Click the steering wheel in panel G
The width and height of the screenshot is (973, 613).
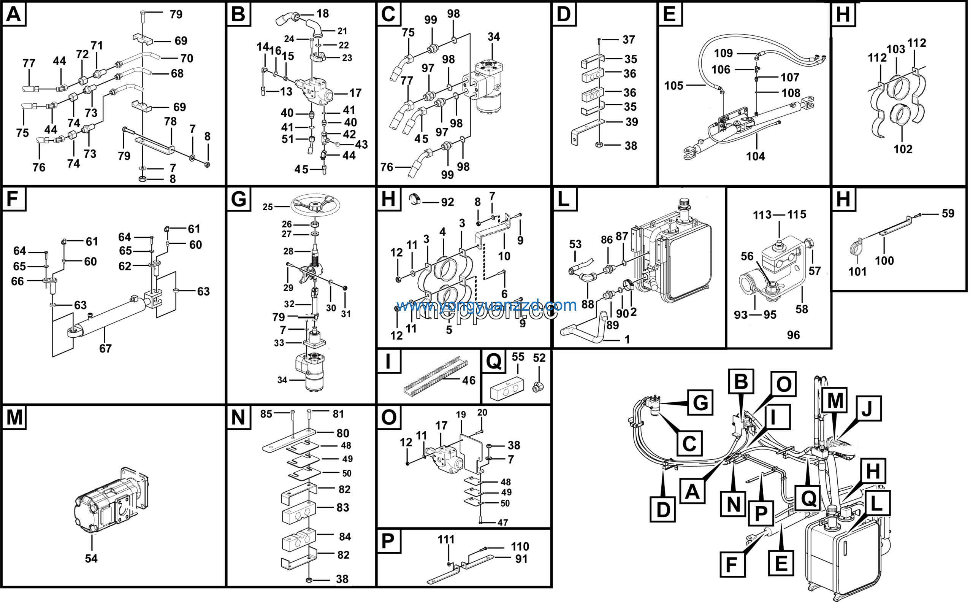coord(316,205)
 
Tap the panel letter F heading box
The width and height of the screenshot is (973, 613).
coord(14,199)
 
